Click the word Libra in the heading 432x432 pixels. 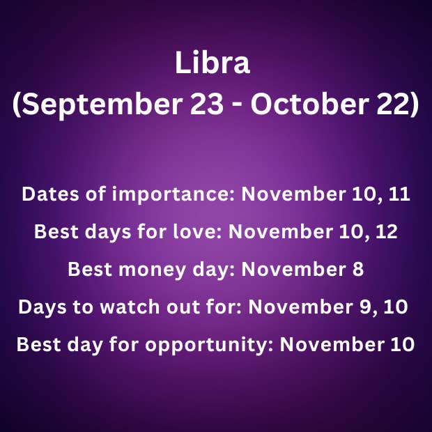[213, 62]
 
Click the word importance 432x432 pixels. [173, 195]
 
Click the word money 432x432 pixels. [152, 270]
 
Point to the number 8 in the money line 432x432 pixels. [358, 269]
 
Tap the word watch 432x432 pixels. [130, 307]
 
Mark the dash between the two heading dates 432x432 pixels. [237, 106]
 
